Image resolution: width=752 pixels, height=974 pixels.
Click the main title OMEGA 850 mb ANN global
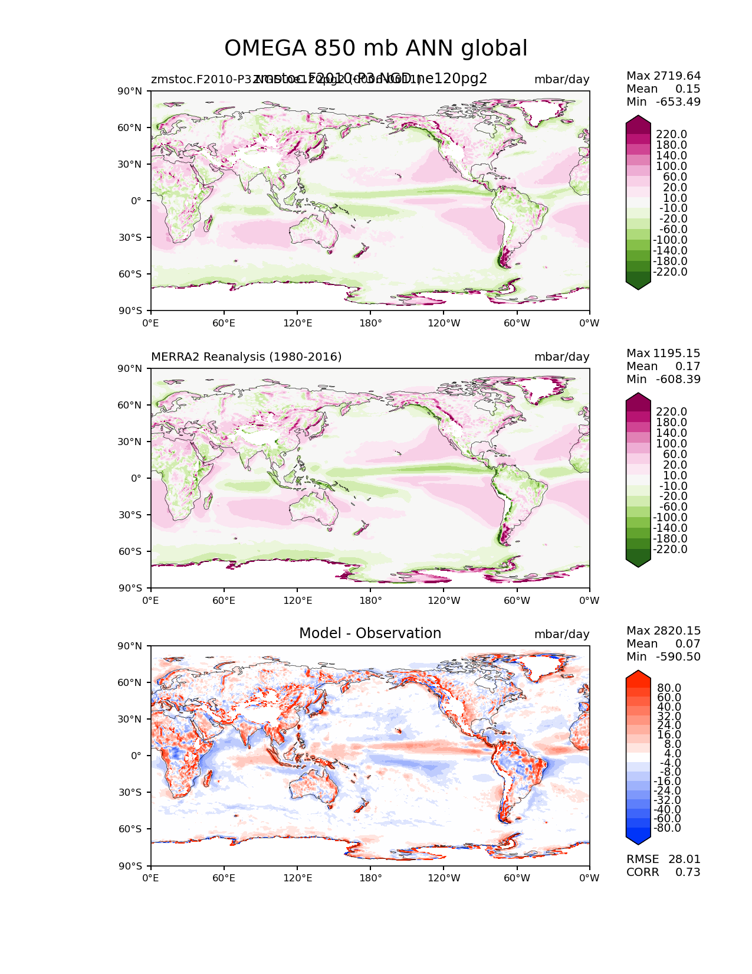(x=376, y=48)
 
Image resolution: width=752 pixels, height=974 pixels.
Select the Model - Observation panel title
(x=370, y=633)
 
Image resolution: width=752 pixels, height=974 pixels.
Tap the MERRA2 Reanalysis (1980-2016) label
(x=246, y=357)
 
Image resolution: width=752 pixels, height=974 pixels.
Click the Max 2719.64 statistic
(x=664, y=76)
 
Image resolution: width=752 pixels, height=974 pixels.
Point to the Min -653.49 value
(x=664, y=102)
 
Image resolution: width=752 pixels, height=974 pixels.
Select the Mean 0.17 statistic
(x=664, y=367)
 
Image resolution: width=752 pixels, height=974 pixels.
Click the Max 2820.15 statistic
(x=664, y=631)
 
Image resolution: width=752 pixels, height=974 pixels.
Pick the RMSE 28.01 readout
(x=664, y=859)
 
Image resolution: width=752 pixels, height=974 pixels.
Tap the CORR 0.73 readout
(x=664, y=872)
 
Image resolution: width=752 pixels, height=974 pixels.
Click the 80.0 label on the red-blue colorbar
(x=669, y=688)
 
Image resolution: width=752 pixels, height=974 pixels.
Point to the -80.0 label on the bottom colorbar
(x=667, y=828)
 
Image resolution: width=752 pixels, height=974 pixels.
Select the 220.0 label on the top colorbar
(x=672, y=135)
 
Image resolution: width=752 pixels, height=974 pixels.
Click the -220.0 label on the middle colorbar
(x=669, y=550)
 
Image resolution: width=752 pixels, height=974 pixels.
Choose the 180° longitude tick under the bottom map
(x=370, y=878)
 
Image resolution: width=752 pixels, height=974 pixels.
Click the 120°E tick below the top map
(x=297, y=323)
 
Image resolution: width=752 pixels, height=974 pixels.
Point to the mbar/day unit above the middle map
(x=561, y=357)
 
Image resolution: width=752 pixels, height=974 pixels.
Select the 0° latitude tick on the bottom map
(x=136, y=756)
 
